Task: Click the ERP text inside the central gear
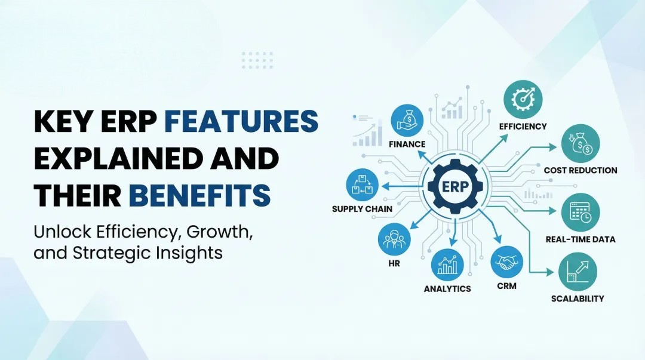(455, 185)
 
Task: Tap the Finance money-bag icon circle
(407, 119)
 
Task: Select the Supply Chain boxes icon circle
(362, 185)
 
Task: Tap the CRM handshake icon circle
(506, 261)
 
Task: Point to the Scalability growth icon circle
(577, 272)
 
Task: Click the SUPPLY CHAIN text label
(362, 209)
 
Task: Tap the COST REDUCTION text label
(580, 170)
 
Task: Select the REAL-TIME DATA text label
(580, 239)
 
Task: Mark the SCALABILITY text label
(577, 299)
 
